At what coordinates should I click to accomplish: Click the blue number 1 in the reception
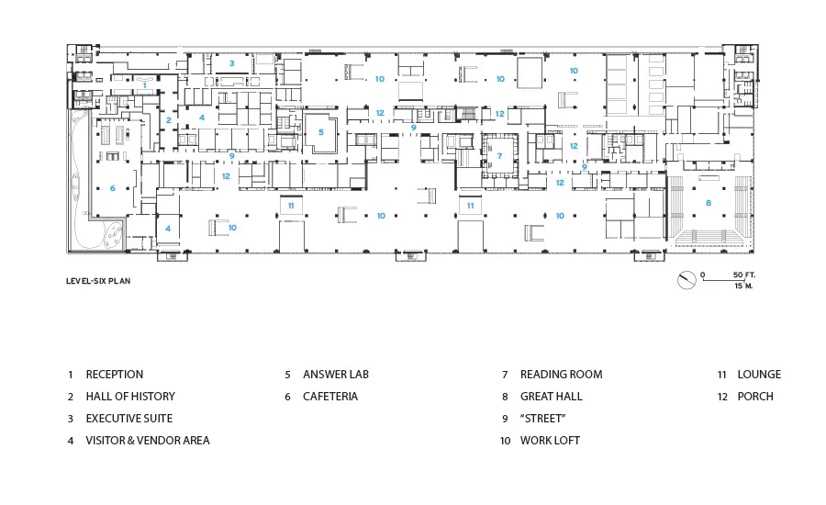point(145,85)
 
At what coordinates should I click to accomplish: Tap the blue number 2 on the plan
point(169,120)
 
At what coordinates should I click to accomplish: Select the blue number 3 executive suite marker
point(232,63)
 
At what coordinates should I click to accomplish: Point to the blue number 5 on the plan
point(321,132)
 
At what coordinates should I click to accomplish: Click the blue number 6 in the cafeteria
point(113,188)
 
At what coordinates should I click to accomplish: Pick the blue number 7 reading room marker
point(499,155)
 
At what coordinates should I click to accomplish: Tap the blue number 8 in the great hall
point(709,203)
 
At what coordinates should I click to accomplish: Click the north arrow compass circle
point(686,280)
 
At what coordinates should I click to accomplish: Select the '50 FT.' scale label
point(743,275)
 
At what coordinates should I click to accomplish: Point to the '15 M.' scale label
point(743,286)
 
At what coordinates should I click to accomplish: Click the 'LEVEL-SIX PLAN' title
point(98,281)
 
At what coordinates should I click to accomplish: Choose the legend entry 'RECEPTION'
point(115,375)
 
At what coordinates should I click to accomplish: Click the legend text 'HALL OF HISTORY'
point(130,397)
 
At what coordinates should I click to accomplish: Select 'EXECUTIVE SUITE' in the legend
point(129,419)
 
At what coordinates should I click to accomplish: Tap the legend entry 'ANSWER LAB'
point(336,375)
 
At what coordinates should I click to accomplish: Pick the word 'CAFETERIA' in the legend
point(330,397)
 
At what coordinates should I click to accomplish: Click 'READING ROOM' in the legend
point(561,375)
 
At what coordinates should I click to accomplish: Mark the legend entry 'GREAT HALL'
point(551,397)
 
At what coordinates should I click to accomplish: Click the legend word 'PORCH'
point(755,397)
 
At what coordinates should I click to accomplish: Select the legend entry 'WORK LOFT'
point(550,441)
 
